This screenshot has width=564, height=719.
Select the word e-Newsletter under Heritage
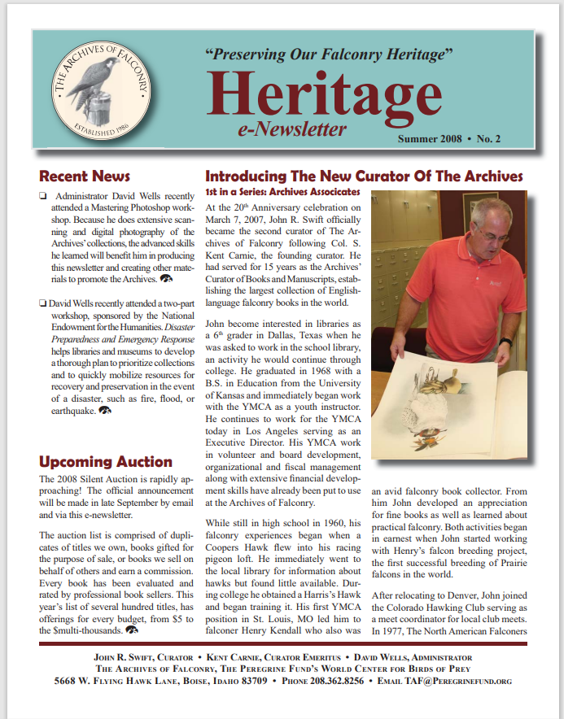tap(293, 129)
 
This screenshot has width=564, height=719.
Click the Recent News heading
tap(85, 176)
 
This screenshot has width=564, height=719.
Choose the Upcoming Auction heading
tap(106, 462)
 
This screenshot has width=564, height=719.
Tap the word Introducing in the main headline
tap(247, 176)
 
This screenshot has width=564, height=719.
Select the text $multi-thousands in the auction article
tap(82, 629)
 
